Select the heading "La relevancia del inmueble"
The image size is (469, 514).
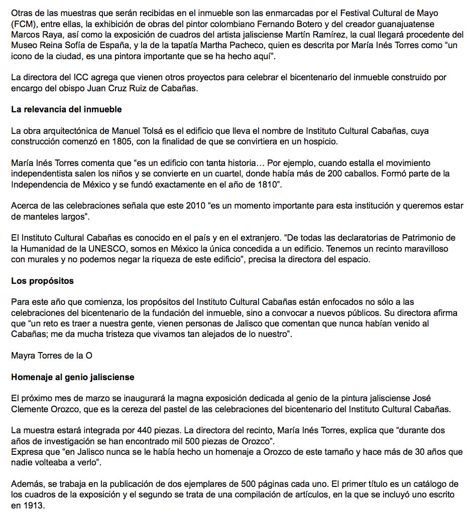click(66, 109)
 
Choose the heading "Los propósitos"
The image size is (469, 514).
click(42, 281)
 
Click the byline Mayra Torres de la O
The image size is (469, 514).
click(52, 356)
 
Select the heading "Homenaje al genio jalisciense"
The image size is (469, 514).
click(73, 377)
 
